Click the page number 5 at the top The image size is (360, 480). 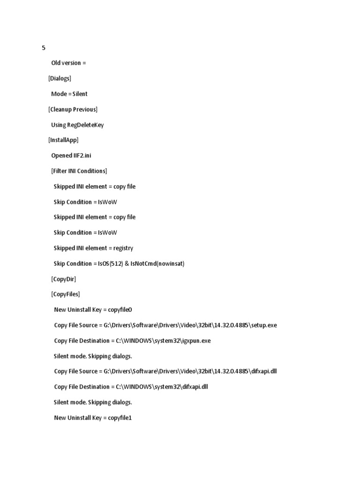tap(44, 48)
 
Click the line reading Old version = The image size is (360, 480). tap(68, 63)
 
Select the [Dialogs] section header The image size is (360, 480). tap(60, 78)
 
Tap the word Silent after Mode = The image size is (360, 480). tap(80, 94)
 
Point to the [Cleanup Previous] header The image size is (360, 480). tap(73, 109)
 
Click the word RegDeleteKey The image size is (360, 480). tap(85, 125)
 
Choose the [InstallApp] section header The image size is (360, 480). tap(63, 140)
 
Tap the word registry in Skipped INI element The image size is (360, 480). tap(123, 248)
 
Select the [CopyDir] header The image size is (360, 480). tap(63, 279)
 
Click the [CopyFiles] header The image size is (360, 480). tap(65, 294)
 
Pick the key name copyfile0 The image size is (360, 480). tap(123, 310)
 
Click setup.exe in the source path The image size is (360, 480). tap(265, 325)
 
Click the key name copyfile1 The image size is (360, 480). tap(120, 418)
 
